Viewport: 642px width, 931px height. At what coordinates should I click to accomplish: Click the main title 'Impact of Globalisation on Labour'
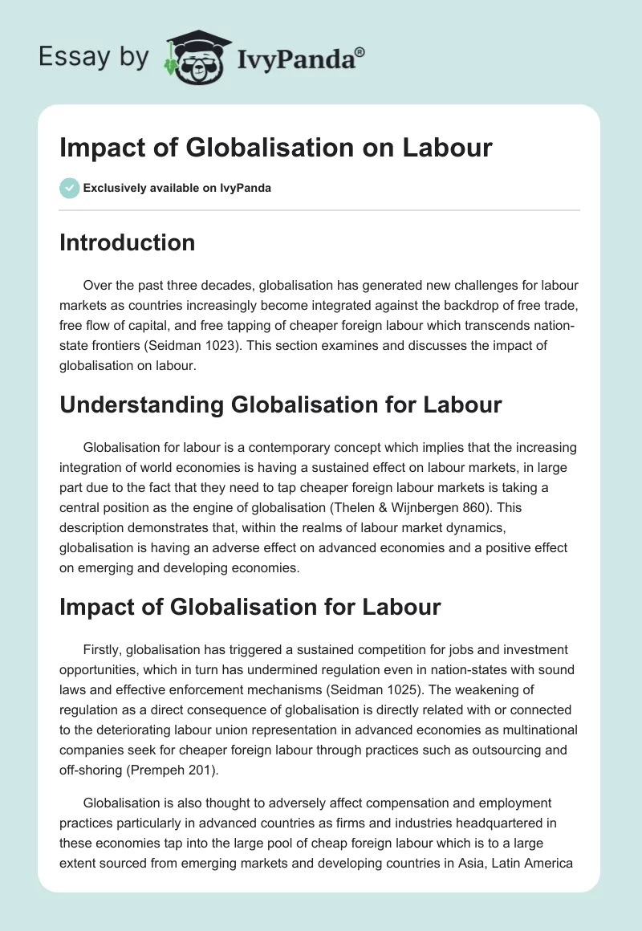click(275, 148)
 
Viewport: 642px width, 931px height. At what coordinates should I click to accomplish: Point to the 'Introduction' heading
click(127, 242)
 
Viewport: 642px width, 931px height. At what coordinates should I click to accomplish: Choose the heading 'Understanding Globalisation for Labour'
click(280, 405)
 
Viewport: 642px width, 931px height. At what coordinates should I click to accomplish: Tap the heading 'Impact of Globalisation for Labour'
click(250, 606)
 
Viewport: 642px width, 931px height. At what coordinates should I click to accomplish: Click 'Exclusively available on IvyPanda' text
click(177, 188)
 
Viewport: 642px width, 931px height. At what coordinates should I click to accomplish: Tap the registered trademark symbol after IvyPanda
click(360, 51)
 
